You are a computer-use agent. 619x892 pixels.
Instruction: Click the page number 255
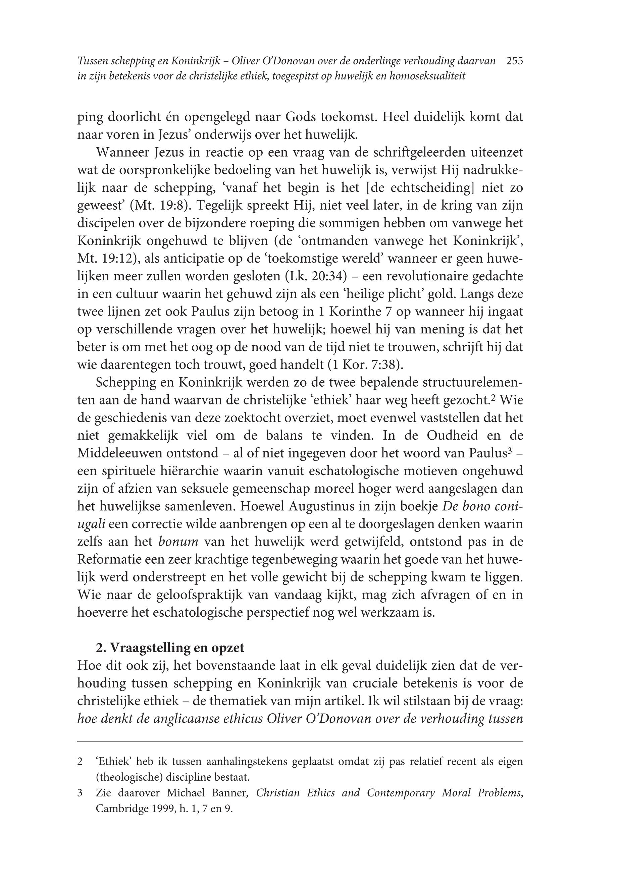pos(515,61)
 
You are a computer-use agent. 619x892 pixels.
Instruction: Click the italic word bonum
pos(178,542)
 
